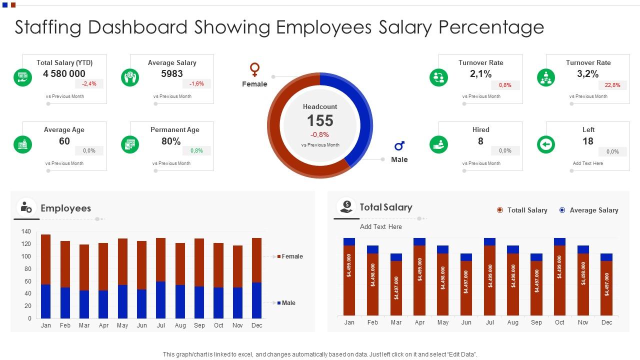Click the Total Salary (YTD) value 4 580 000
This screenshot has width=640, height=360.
pyautogui.click(x=64, y=74)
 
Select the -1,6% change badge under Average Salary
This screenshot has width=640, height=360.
pyautogui.click(x=196, y=84)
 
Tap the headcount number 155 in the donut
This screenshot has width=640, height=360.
pyautogui.click(x=320, y=120)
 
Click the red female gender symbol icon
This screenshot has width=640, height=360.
pyautogui.click(x=254, y=69)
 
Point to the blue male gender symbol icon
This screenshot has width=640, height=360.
pyautogui.click(x=399, y=146)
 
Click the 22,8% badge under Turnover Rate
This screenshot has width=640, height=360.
pyautogui.click(x=612, y=85)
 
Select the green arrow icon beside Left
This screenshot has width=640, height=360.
pyautogui.click(x=545, y=145)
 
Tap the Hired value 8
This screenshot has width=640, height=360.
pyautogui.click(x=480, y=141)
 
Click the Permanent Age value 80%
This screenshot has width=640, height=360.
pyautogui.click(x=171, y=141)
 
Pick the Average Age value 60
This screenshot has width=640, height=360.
pyautogui.click(x=64, y=141)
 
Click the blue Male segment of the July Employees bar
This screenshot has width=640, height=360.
pyautogui.click(x=160, y=300)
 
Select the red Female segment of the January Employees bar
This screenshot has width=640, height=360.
pyautogui.click(x=45, y=259)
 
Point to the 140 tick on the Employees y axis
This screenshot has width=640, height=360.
pyautogui.click(x=26, y=231)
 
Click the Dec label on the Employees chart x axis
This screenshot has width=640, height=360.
pyautogui.click(x=256, y=325)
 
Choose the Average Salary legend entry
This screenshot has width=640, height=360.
pyautogui.click(x=593, y=210)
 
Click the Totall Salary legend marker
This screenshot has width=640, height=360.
pyautogui.click(x=499, y=210)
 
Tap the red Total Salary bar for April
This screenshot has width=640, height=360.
pyautogui.click(x=419, y=280)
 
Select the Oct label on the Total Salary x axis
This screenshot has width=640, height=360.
pyautogui.click(x=559, y=322)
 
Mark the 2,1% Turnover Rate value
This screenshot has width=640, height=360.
pyautogui.click(x=480, y=74)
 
